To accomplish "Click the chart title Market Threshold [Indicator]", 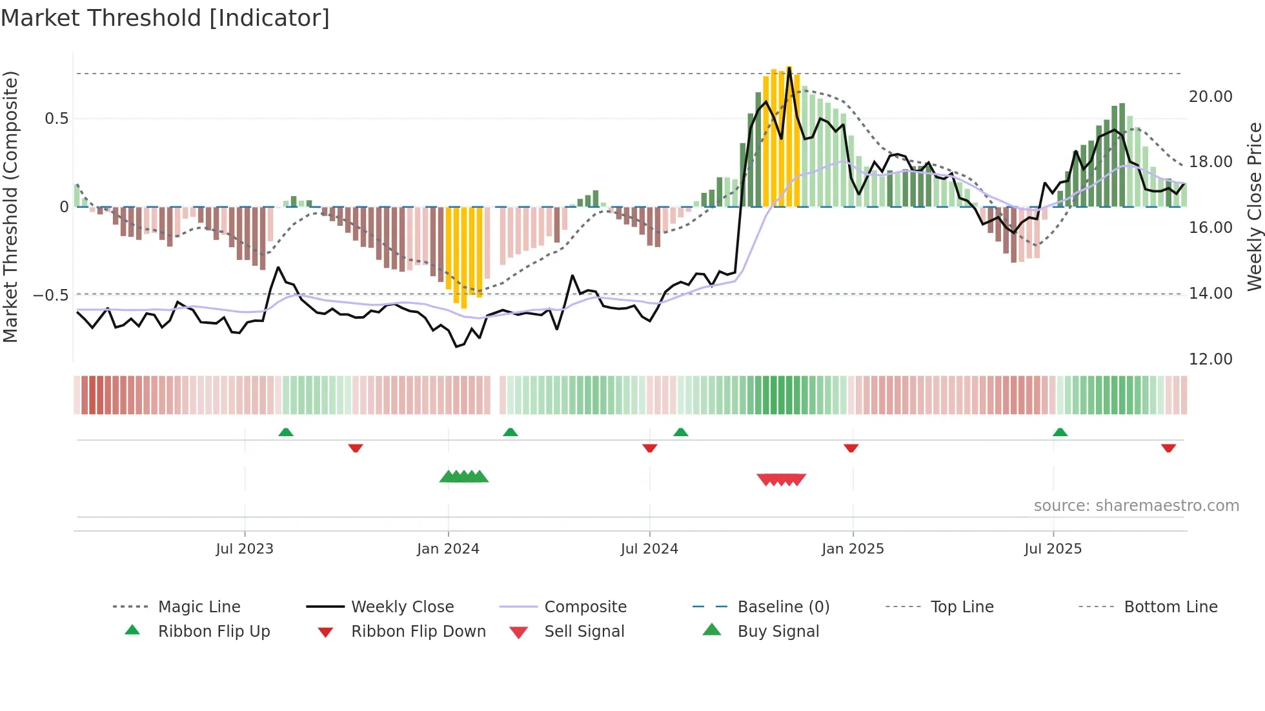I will (165, 18).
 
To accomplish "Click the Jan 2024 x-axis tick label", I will (448, 549).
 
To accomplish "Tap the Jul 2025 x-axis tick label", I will (1053, 549).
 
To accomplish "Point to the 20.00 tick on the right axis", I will (1210, 97).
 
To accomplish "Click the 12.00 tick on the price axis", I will (1210, 359).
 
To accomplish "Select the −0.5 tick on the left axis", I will (50, 295).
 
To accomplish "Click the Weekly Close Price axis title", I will (1254, 206).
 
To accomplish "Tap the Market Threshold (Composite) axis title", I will (10, 206).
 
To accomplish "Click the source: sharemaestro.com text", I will (1136, 506).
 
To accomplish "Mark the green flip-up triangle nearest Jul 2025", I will (1060, 432).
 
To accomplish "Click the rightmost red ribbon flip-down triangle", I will (1168, 448).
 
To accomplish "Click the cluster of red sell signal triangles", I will (781, 479).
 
